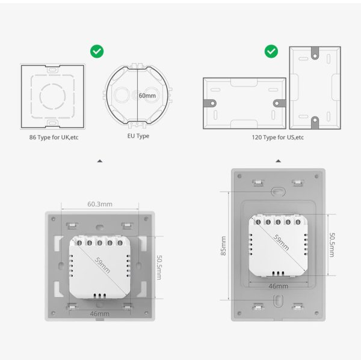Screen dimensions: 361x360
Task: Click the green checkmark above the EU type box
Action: pyautogui.click(x=97, y=51)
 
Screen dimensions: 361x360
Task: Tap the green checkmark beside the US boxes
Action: pyautogui.click(x=271, y=51)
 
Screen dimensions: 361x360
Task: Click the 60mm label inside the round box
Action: pyautogui.click(x=147, y=96)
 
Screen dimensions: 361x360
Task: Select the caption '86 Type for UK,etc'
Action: pyautogui.click(x=54, y=138)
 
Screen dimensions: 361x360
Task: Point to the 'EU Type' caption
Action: pyautogui.click(x=138, y=136)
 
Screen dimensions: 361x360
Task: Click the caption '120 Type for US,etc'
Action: pyautogui.click(x=277, y=138)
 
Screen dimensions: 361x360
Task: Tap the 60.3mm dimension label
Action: pyautogui.click(x=100, y=204)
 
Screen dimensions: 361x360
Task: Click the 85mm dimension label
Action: pyautogui.click(x=223, y=246)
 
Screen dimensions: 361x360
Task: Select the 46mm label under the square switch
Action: pyautogui.click(x=99, y=314)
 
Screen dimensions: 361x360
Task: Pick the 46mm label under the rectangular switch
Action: pyautogui.click(x=279, y=286)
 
